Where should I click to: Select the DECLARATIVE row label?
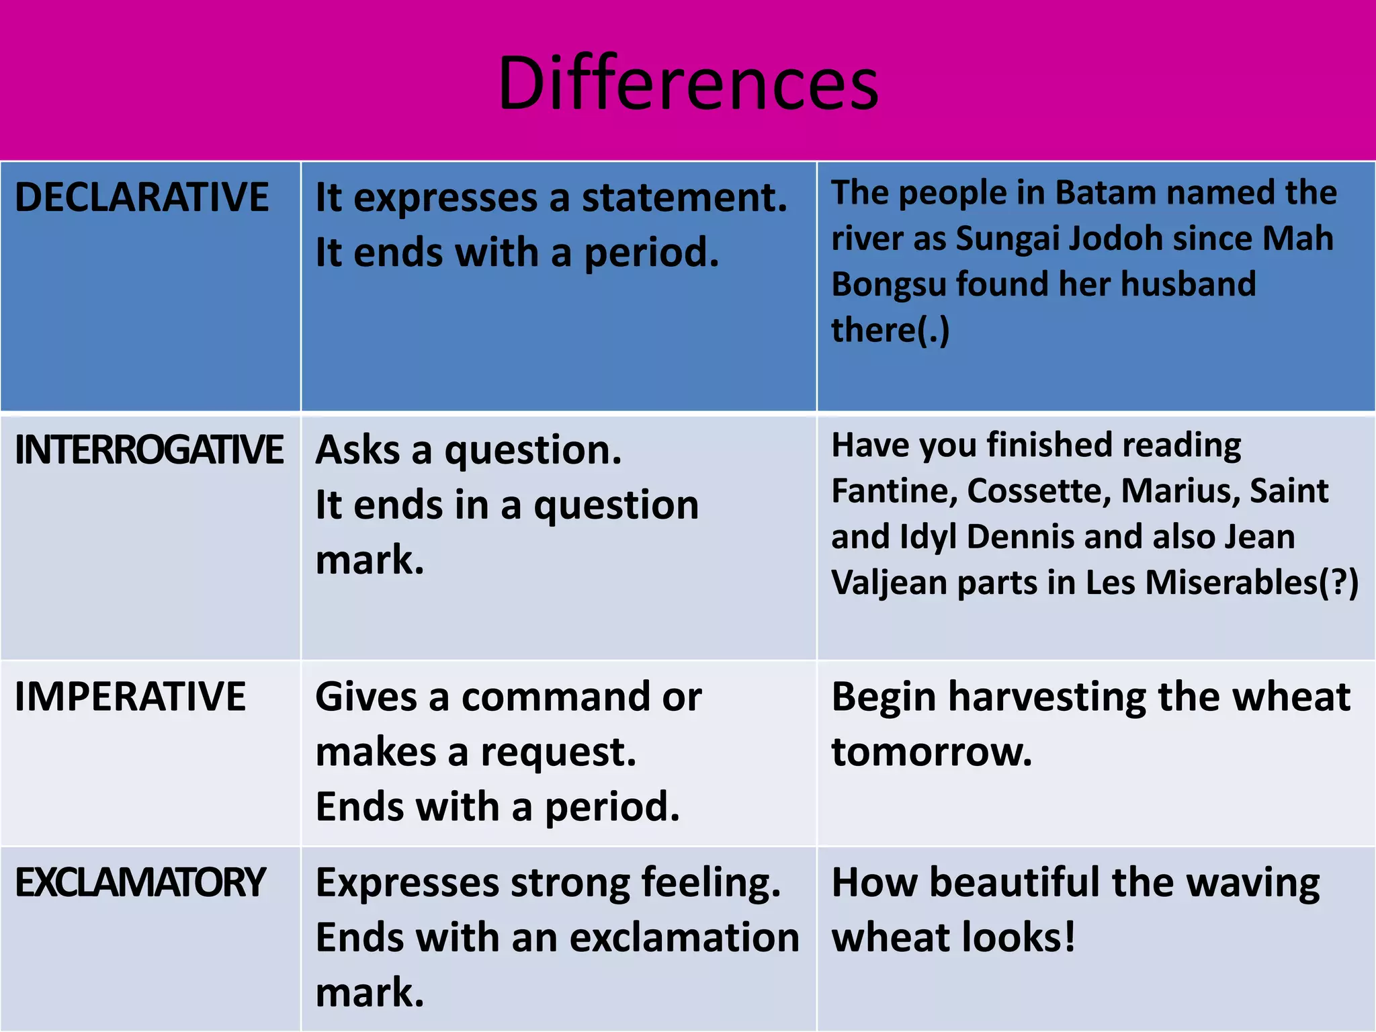pos(142,198)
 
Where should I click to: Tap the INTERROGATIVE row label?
pos(148,449)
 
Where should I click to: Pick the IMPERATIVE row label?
pos(130,696)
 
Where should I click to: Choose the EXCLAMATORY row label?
pos(140,882)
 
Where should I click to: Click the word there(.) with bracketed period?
pos(890,330)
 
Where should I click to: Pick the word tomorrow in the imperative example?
pos(931,752)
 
